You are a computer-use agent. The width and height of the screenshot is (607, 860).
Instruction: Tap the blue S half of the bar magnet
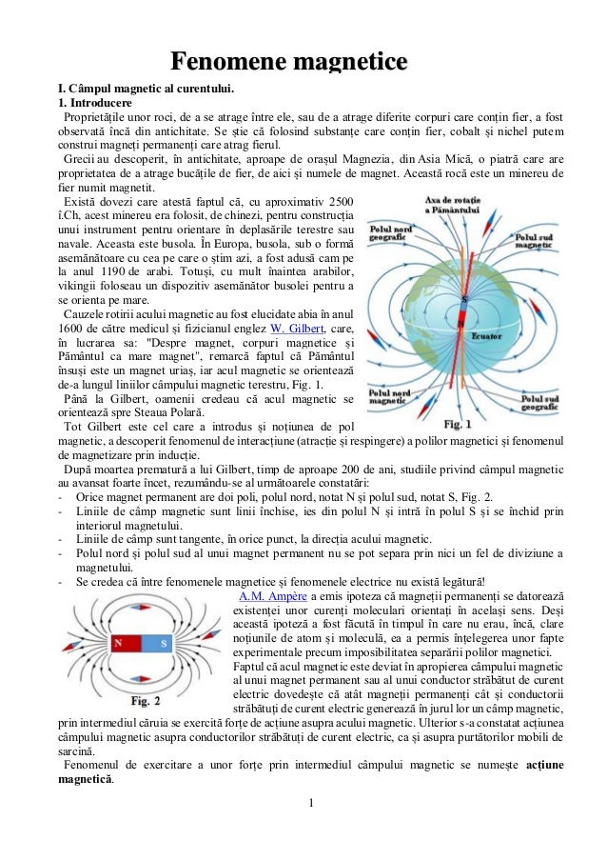[x=162, y=643]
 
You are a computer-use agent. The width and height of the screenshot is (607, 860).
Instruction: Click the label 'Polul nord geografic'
[x=392, y=236]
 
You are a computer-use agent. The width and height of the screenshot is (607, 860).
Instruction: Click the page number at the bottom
[x=309, y=813]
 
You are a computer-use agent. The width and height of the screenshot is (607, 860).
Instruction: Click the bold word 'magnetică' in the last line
[x=84, y=780]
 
